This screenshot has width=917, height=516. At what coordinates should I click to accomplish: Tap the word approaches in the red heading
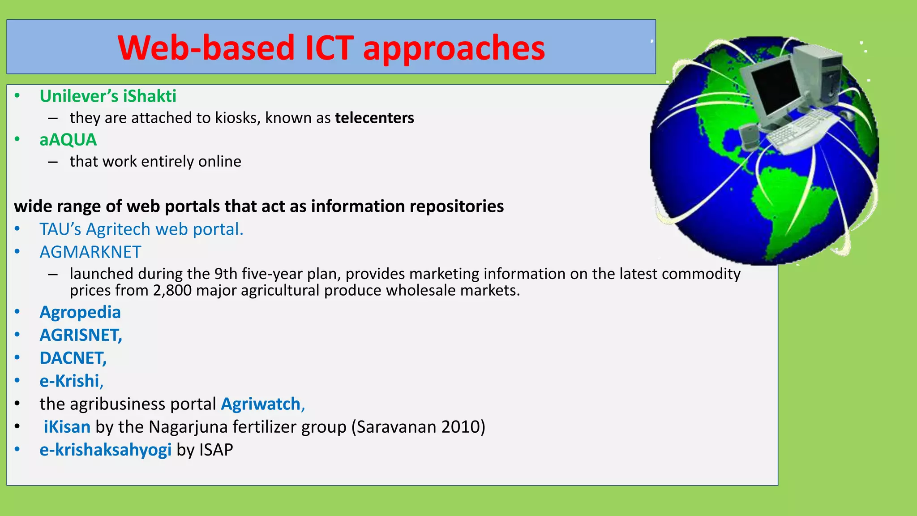click(454, 48)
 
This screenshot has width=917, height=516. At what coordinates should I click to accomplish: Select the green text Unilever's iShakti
click(108, 96)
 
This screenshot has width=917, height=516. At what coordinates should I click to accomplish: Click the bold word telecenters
click(374, 118)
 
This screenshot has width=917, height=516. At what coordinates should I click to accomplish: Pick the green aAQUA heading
click(68, 140)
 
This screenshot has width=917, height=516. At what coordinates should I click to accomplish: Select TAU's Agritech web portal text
click(141, 229)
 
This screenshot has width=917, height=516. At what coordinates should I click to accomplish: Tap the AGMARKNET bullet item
click(90, 252)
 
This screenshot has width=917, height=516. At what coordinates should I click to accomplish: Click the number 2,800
click(172, 291)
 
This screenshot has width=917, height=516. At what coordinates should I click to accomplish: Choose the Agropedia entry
click(80, 312)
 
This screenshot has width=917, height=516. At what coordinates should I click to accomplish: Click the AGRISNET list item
click(81, 335)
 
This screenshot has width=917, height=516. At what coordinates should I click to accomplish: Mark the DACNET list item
click(73, 358)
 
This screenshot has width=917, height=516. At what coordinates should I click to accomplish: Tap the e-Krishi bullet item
click(71, 381)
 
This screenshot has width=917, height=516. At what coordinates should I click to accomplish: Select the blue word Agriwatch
click(262, 404)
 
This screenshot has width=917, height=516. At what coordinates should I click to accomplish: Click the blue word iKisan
click(67, 427)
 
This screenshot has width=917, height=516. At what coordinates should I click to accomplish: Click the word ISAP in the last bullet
click(217, 450)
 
